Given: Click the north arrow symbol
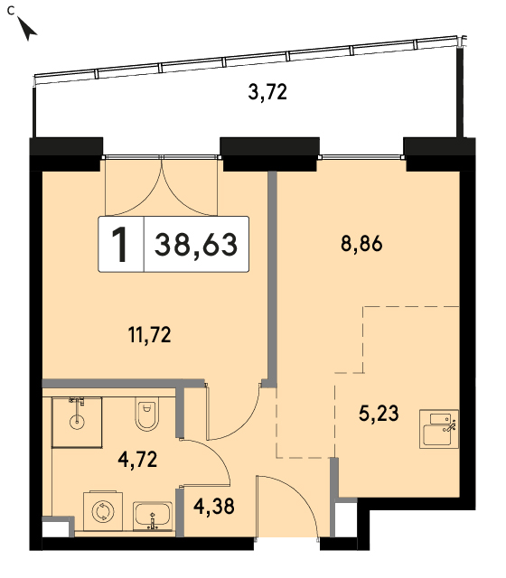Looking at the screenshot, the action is tap(26, 29).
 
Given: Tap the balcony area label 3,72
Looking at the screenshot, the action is tap(267, 92).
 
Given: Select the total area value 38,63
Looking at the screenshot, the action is tap(196, 245).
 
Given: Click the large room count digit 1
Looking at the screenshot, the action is tap(120, 245).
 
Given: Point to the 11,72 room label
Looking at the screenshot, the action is tap(149, 335).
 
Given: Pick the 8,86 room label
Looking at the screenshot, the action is tap(361, 244).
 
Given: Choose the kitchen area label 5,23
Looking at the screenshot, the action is tap(379, 414).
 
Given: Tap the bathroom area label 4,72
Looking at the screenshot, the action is tap(137, 460).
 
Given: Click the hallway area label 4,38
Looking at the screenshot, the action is tap(214, 506).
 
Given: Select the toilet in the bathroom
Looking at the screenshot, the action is tap(146, 414).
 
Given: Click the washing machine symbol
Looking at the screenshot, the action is tap(103, 511).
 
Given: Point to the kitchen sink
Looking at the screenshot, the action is tap(439, 429).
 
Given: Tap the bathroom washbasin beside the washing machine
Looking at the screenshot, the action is tap(153, 516).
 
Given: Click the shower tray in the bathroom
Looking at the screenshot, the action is tap(77, 422).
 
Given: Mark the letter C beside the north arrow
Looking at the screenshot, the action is tap(11, 11).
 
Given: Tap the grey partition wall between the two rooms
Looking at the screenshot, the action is tap(272, 279).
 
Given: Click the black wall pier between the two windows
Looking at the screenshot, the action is tap(269, 154).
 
